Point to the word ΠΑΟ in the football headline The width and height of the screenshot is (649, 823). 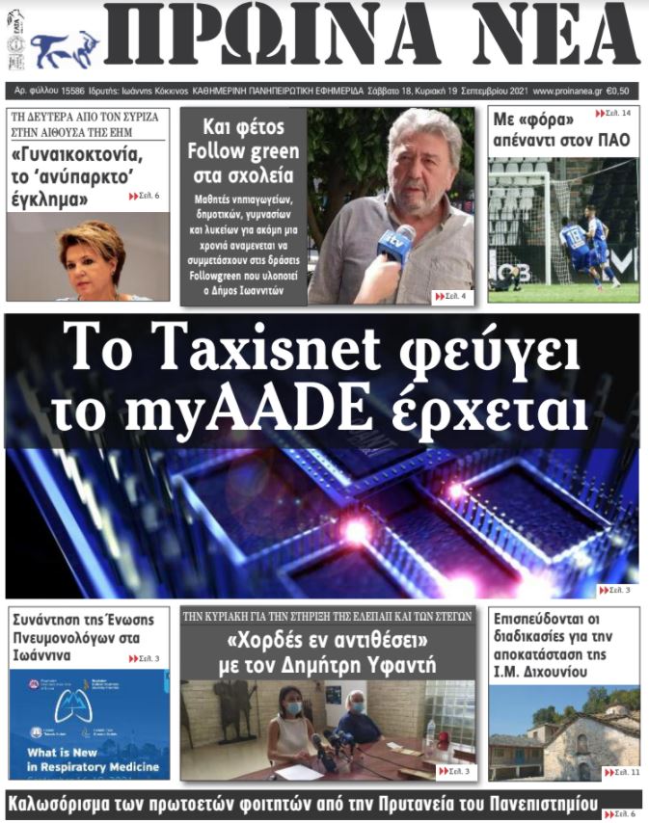tap(611, 141)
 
